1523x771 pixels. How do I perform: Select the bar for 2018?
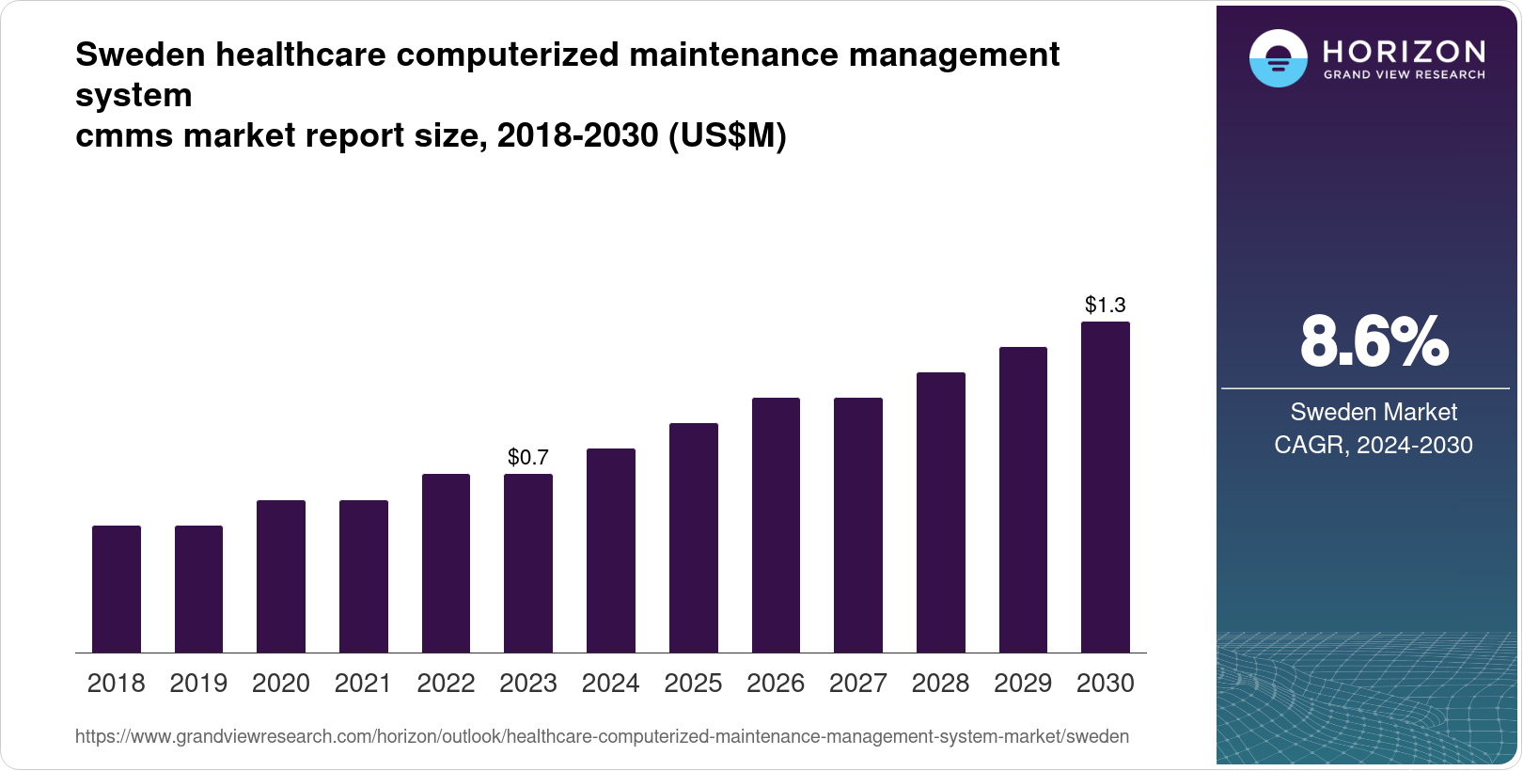coord(117,590)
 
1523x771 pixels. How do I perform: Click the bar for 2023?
coord(528,564)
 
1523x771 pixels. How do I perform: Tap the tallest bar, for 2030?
coord(1106,488)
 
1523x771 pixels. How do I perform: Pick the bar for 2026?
coord(776,526)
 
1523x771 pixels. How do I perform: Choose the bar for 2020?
coord(281,576)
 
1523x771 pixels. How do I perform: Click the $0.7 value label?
coord(528,458)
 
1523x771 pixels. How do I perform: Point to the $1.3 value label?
coord(1106,306)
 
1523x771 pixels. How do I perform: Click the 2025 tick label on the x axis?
coord(693,684)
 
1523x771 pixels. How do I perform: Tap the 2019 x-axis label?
coord(198,684)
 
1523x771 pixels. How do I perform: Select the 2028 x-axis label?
coord(940,684)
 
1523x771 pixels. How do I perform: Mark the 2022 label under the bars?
coord(446,684)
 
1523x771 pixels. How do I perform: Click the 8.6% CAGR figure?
coord(1374,342)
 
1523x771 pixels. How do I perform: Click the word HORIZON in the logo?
coord(1404,52)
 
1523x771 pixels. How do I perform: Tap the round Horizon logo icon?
coord(1278,58)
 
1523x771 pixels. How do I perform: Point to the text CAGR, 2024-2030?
coord(1374,445)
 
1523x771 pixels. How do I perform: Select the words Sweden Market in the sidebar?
coord(1374,412)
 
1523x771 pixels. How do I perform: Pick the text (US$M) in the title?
coord(727,136)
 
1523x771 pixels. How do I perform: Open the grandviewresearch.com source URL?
coord(602,737)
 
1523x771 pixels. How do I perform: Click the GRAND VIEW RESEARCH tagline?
coord(1404,75)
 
